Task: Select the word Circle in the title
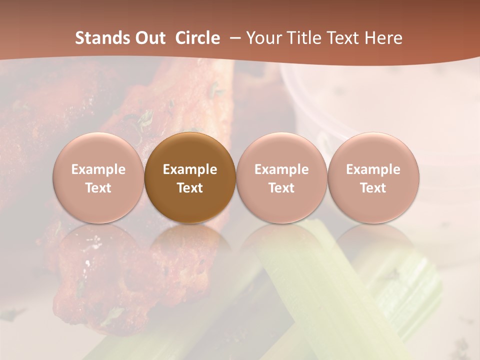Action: (197, 38)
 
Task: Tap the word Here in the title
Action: (384, 38)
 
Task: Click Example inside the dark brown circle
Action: (190, 169)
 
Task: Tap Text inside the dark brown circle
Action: (190, 188)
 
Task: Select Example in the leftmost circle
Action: (98, 169)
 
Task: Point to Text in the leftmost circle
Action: (98, 188)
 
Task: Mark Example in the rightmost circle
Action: (373, 169)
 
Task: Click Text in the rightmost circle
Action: (373, 188)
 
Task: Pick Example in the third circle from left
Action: (281, 169)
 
